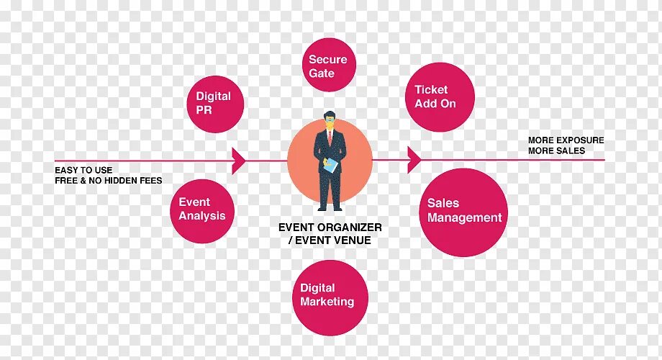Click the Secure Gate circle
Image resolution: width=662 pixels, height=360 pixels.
pyautogui.click(x=327, y=66)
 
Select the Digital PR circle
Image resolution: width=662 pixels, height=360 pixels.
pyautogui.click(x=214, y=103)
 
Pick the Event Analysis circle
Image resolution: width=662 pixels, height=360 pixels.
pyautogui.click(x=203, y=210)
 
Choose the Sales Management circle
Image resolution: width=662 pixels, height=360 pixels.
pyautogui.click(x=464, y=212)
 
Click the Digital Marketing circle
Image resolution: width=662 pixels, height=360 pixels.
pyautogui.click(x=330, y=297)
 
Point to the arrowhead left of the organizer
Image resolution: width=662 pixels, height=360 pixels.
pyautogui.click(x=239, y=159)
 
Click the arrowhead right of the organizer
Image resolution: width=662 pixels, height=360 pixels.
pyautogui.click(x=414, y=159)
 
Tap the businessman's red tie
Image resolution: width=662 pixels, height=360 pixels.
pyautogui.click(x=329, y=140)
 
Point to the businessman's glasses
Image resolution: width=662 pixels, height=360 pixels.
pyautogui.click(x=329, y=122)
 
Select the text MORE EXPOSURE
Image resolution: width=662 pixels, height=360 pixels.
pyautogui.click(x=566, y=140)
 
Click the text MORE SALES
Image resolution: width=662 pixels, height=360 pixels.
pyautogui.click(x=556, y=151)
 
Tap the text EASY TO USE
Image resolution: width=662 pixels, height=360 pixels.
pyautogui.click(x=83, y=171)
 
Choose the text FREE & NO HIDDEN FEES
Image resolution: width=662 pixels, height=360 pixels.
pyautogui.click(x=109, y=181)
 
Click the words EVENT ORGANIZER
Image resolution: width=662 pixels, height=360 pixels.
pyautogui.click(x=330, y=228)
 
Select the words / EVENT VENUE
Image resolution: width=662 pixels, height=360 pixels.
pyautogui.click(x=330, y=240)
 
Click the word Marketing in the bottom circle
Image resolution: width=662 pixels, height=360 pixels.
pyautogui.click(x=327, y=302)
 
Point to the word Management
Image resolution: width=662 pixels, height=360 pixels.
pyautogui.click(x=464, y=217)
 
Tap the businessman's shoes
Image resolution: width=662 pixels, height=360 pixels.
pyautogui.click(x=329, y=208)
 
